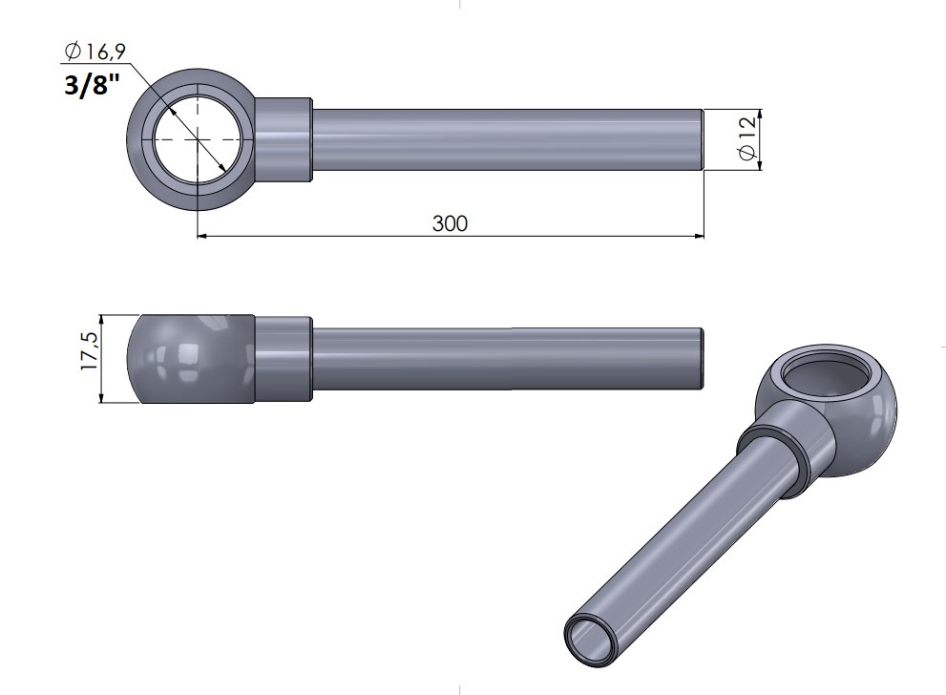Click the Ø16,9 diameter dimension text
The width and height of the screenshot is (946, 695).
(x=95, y=52)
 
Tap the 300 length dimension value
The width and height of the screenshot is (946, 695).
(x=450, y=223)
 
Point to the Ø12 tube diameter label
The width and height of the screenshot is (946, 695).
(x=746, y=138)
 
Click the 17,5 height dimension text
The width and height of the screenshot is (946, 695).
(x=90, y=350)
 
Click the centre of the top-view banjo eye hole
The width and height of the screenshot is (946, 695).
(x=198, y=139)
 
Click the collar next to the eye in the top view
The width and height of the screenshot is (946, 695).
(x=283, y=139)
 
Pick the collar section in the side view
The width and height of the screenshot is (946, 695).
(x=283, y=358)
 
